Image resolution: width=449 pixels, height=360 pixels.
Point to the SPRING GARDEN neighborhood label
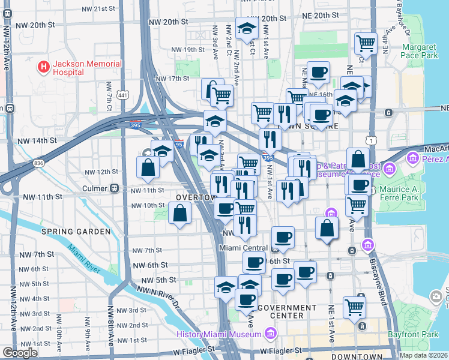(x=76, y=231)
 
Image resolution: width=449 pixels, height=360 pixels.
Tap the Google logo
(x=20, y=352)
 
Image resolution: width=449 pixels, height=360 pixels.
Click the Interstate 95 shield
(x=179, y=144)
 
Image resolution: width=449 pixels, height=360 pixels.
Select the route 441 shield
(x=122, y=95)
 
